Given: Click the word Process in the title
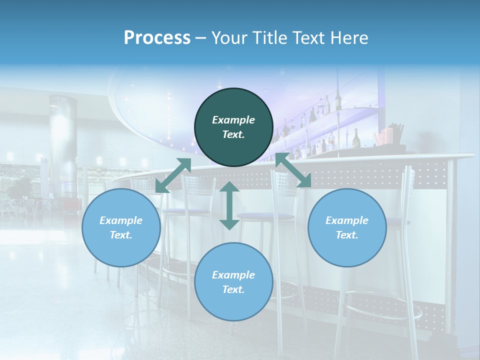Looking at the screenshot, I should [x=157, y=38].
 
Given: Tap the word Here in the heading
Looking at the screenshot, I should [x=349, y=38].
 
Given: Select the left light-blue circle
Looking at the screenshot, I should [x=121, y=227].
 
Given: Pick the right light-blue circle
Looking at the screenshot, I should [x=347, y=227].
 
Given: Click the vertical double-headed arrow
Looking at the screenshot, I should [x=229, y=205].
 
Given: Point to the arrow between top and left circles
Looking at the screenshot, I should [x=173, y=175].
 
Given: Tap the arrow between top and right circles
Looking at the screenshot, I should [x=293, y=170].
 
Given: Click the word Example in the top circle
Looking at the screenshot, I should [x=233, y=120].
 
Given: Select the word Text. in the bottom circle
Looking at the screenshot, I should [x=233, y=289].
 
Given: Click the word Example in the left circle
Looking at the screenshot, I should [x=121, y=220].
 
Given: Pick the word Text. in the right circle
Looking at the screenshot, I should [x=347, y=235].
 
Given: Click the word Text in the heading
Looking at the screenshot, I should [x=309, y=38].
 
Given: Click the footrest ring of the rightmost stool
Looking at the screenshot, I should [x=382, y=305].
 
